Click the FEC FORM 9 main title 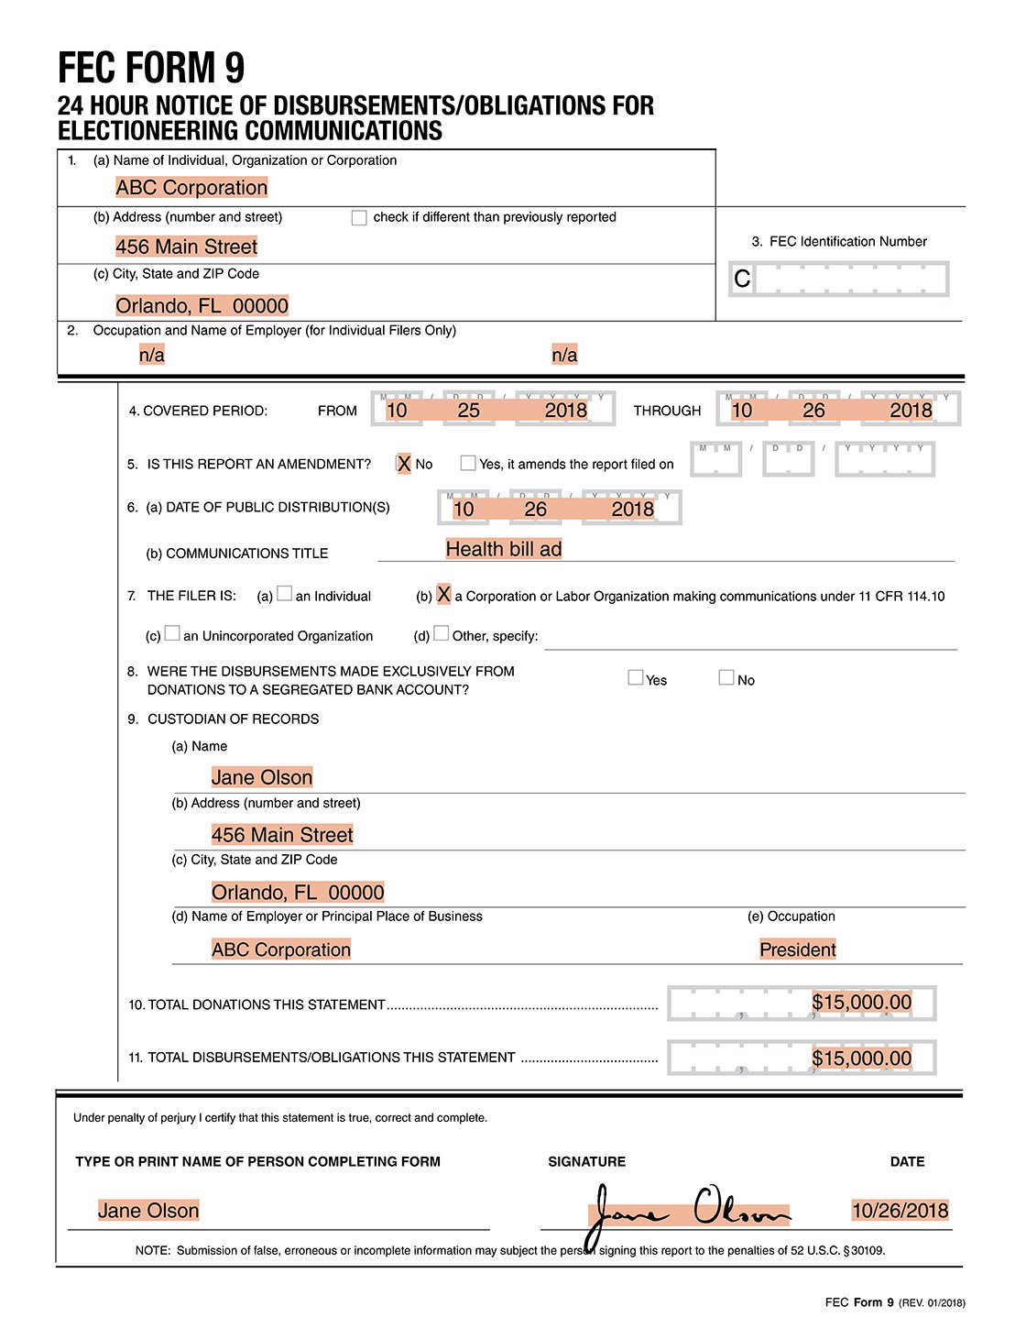click(x=151, y=68)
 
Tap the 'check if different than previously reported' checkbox click(x=359, y=218)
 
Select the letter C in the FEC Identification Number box click(x=742, y=279)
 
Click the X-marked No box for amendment click(x=403, y=464)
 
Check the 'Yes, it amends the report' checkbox click(x=468, y=464)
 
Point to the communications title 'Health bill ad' click(x=503, y=549)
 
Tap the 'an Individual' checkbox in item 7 click(x=284, y=594)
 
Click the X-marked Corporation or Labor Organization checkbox click(x=443, y=595)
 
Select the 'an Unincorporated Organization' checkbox click(x=172, y=634)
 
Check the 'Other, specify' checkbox click(x=442, y=633)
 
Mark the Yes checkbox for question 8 click(x=635, y=678)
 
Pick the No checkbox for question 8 click(x=726, y=678)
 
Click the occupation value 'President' click(x=797, y=949)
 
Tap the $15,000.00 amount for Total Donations click(x=861, y=1002)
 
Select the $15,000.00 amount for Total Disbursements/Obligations click(x=861, y=1059)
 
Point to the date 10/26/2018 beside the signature click(x=900, y=1211)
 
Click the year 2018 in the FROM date click(x=565, y=410)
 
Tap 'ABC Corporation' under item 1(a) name click(x=191, y=188)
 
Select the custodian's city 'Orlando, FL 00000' click(x=298, y=893)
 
